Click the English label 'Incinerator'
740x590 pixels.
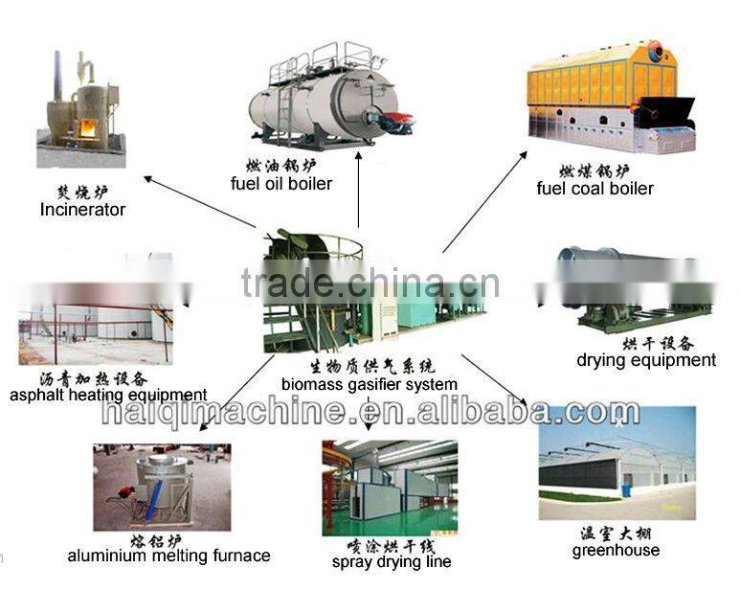[x=82, y=209]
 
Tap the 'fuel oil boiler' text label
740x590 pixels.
[x=281, y=183]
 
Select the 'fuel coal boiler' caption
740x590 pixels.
[x=594, y=189]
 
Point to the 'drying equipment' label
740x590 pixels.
[x=646, y=360]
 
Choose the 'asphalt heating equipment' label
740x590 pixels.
[x=108, y=395]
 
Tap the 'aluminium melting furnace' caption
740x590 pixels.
[x=168, y=556]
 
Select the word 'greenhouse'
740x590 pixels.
[x=616, y=550]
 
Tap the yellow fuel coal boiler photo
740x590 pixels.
[x=610, y=96]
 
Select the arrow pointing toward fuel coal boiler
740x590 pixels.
[x=483, y=201]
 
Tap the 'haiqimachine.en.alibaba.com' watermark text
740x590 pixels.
[x=370, y=413]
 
